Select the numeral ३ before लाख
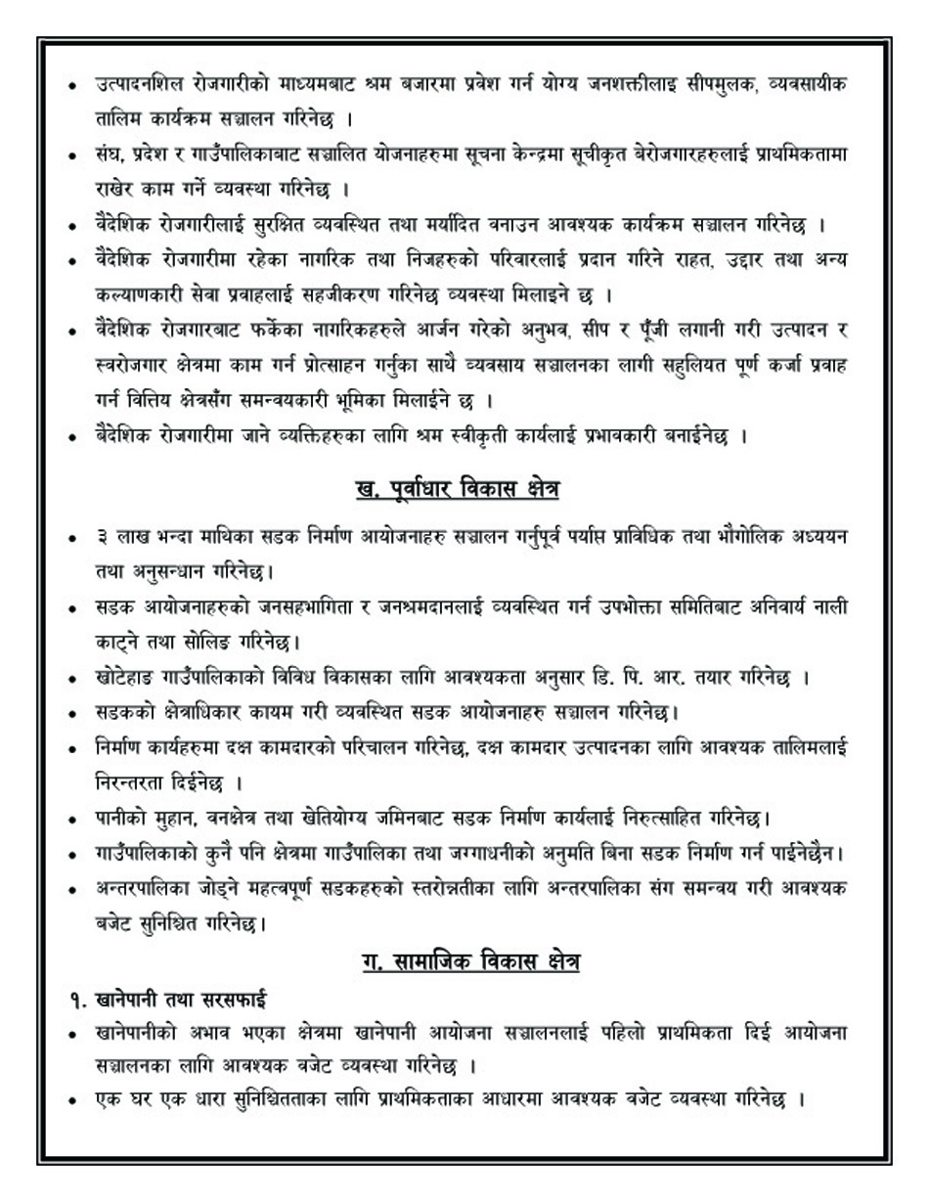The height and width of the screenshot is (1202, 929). (102, 537)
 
